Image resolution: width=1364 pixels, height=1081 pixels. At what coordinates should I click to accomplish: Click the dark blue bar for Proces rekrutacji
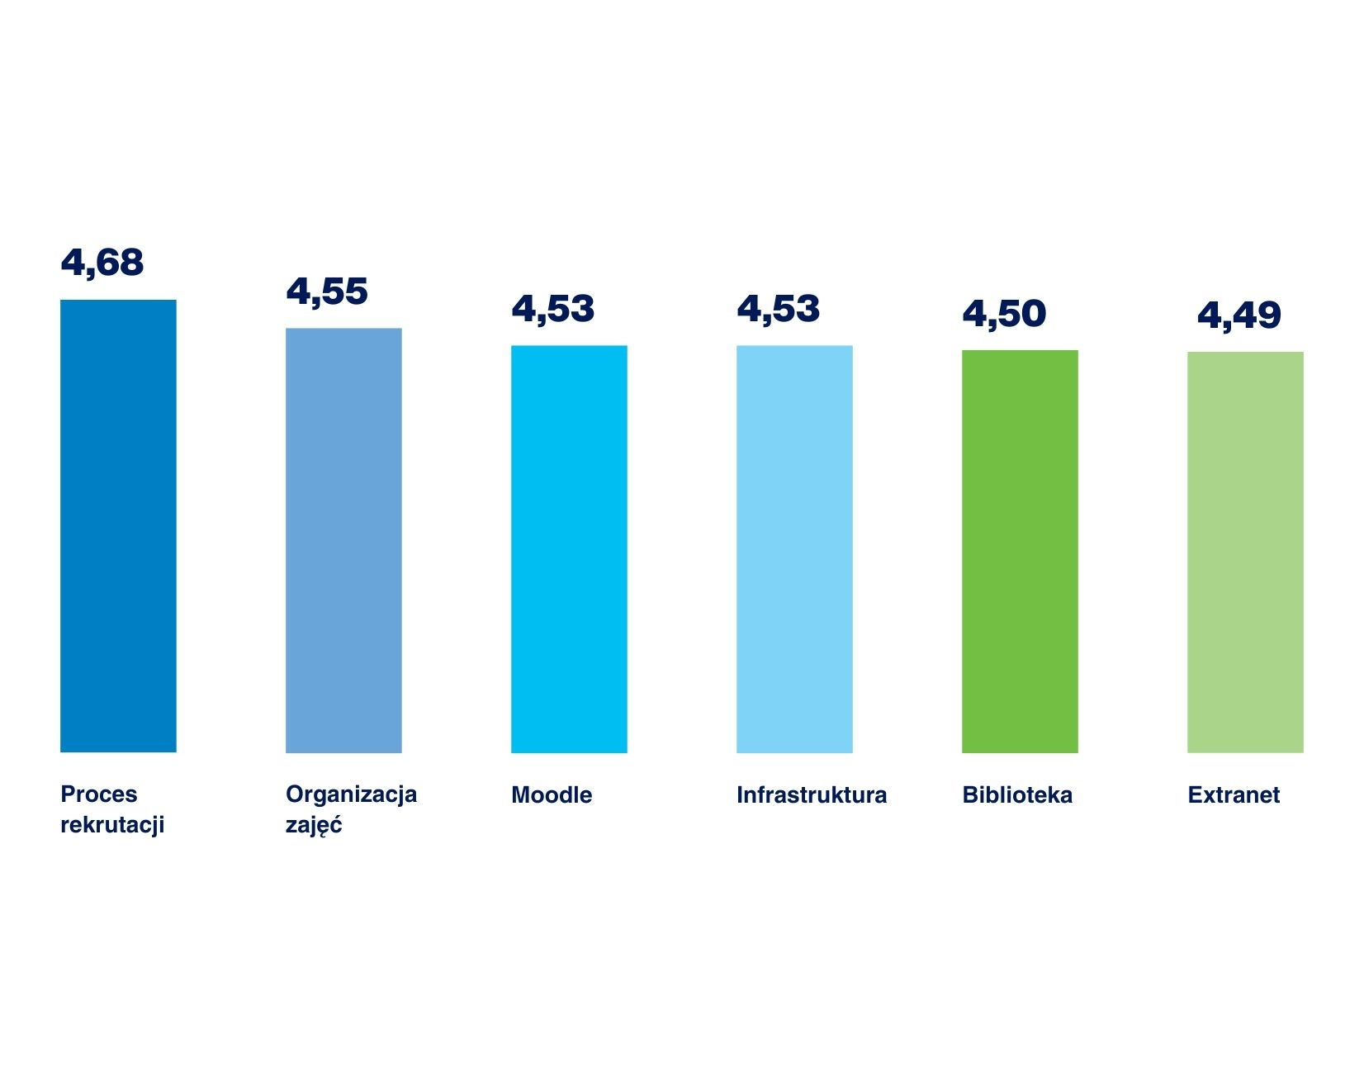[x=118, y=526]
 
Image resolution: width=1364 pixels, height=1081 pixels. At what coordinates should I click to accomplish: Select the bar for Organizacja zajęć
[x=343, y=540]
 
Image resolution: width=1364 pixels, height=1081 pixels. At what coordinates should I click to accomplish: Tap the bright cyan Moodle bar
[x=569, y=549]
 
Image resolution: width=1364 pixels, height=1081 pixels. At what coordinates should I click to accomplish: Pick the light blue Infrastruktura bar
[x=794, y=549]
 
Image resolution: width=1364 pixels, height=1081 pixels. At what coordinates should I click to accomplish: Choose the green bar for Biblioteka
[x=1020, y=552]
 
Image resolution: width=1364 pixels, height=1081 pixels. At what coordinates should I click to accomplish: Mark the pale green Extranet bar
[x=1245, y=552]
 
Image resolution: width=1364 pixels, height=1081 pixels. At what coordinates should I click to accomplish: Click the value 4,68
[x=102, y=263]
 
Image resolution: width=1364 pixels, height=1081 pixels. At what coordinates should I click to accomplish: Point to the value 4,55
[x=327, y=292]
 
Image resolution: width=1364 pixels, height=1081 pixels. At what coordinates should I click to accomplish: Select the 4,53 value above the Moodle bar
[x=552, y=310]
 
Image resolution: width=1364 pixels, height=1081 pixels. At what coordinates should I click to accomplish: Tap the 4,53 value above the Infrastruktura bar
[x=778, y=310]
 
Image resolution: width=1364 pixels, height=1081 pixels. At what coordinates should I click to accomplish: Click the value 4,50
[x=1004, y=314]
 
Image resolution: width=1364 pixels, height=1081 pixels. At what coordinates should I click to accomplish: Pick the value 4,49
[x=1238, y=315]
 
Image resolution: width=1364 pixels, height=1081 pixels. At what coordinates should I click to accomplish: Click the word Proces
[x=99, y=794]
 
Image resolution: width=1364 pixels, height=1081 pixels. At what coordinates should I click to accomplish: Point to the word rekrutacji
[x=112, y=824]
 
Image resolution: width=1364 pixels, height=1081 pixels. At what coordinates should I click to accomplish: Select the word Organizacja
[x=351, y=794]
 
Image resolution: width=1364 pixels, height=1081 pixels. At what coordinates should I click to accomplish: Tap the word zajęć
[x=314, y=825]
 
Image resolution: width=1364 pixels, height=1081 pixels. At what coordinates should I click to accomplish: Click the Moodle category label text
[x=552, y=795]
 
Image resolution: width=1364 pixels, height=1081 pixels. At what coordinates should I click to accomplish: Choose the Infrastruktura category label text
[x=812, y=795]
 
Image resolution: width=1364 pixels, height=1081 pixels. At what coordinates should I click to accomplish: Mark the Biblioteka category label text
[x=1017, y=795]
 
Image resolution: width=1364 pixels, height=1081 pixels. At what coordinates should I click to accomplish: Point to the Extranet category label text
[x=1234, y=795]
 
